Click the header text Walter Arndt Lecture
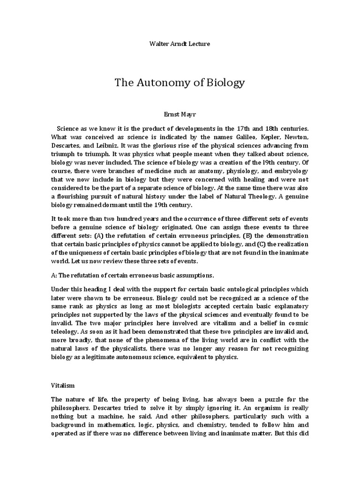point(180,44)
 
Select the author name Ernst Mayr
point(180,114)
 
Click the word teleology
point(66,332)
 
